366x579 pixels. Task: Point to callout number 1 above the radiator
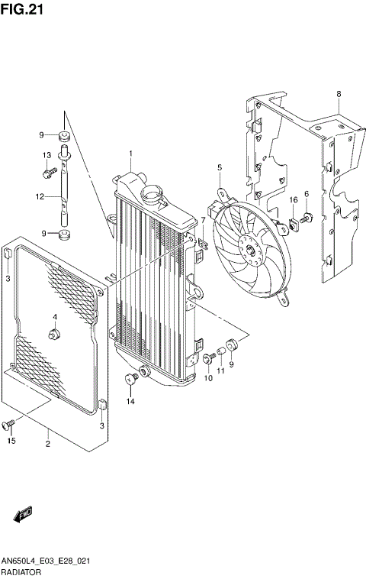click(x=130, y=154)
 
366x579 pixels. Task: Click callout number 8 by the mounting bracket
click(x=338, y=94)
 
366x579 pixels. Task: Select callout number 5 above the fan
click(x=219, y=167)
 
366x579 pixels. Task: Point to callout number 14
click(x=130, y=401)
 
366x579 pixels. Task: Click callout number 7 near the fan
click(x=203, y=220)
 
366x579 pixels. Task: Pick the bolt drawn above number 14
click(x=130, y=378)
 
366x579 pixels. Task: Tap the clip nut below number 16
click(x=292, y=224)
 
